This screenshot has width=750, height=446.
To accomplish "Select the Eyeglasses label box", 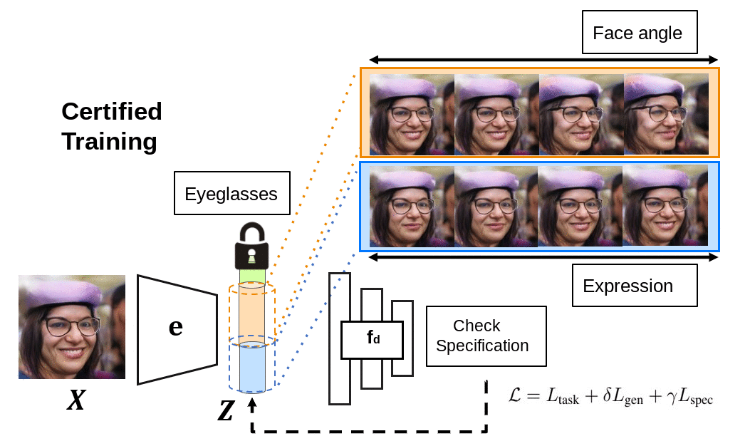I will pyautogui.click(x=231, y=194).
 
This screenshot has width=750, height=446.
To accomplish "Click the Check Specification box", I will pyautogui.click(x=486, y=336).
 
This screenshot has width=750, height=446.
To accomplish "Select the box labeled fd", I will pyautogui.click(x=372, y=339).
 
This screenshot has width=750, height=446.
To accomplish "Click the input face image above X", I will pyautogui.click(x=72, y=327).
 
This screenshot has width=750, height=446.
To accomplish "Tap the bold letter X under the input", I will pyautogui.click(x=75, y=402).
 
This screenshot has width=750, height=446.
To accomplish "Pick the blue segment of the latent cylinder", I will pyautogui.click(x=251, y=368).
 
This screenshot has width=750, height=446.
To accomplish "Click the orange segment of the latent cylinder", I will pyautogui.click(x=251, y=313).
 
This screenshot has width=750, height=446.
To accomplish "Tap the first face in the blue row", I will pyautogui.click(x=412, y=206).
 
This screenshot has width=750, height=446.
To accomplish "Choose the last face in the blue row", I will pyautogui.click(x=664, y=206).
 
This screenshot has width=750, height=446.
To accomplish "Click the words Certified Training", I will pyautogui.click(x=111, y=126).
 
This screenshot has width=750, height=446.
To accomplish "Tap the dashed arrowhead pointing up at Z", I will pyautogui.click(x=252, y=403).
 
